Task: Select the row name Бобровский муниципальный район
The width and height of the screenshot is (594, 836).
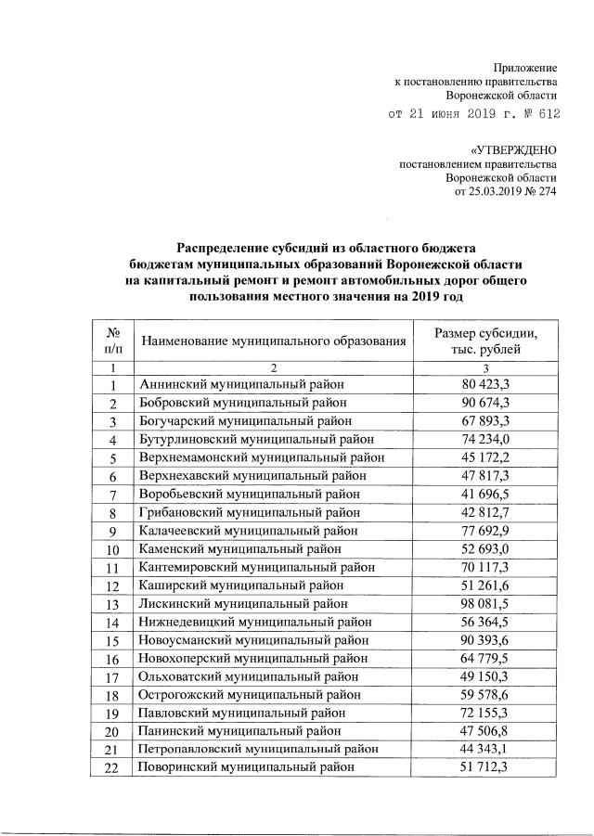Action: coord(242,403)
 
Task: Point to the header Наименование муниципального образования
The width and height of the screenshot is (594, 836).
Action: coord(274,341)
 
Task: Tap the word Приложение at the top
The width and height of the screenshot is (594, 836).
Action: coord(524,68)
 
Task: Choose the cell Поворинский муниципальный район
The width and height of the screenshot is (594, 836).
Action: coord(246,766)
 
